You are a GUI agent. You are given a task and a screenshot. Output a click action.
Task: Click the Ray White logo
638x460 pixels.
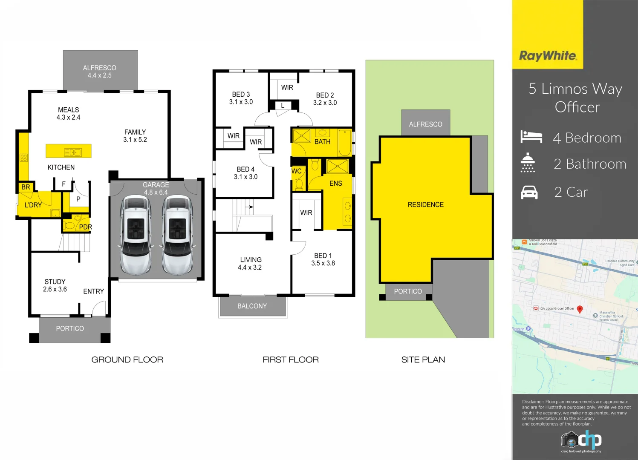tap(548, 56)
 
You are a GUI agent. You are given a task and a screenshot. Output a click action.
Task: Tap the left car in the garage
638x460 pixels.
tap(136, 235)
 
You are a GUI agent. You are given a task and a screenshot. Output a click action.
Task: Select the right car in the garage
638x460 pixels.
tap(177, 235)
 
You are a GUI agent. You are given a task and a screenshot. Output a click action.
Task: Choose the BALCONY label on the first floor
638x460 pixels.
tap(252, 306)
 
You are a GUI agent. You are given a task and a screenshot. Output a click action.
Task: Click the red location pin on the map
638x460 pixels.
tap(580, 309)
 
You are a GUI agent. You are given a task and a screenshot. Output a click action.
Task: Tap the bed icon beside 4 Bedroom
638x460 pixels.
tap(531, 137)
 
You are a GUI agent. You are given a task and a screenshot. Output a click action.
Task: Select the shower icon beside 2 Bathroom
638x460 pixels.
tap(528, 163)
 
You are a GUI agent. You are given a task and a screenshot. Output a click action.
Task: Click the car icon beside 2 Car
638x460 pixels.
tap(529, 193)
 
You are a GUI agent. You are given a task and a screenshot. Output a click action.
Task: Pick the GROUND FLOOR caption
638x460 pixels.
tap(127, 360)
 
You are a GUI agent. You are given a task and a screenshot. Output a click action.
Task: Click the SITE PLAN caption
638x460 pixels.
tap(423, 360)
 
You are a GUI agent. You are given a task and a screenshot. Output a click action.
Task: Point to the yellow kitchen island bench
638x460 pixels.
tap(69, 151)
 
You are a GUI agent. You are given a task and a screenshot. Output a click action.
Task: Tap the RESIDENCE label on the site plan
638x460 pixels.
tap(425, 205)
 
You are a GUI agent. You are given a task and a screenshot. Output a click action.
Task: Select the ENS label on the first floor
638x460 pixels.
tap(336, 184)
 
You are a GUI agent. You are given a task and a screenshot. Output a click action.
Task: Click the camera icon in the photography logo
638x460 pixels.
tap(569, 440)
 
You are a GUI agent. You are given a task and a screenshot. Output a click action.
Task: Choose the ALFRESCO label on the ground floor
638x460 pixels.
tap(100, 68)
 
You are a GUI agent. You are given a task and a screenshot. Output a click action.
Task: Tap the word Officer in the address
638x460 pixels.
tap(577, 107)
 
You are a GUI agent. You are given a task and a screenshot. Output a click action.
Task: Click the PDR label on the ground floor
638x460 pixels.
tap(85, 227)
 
